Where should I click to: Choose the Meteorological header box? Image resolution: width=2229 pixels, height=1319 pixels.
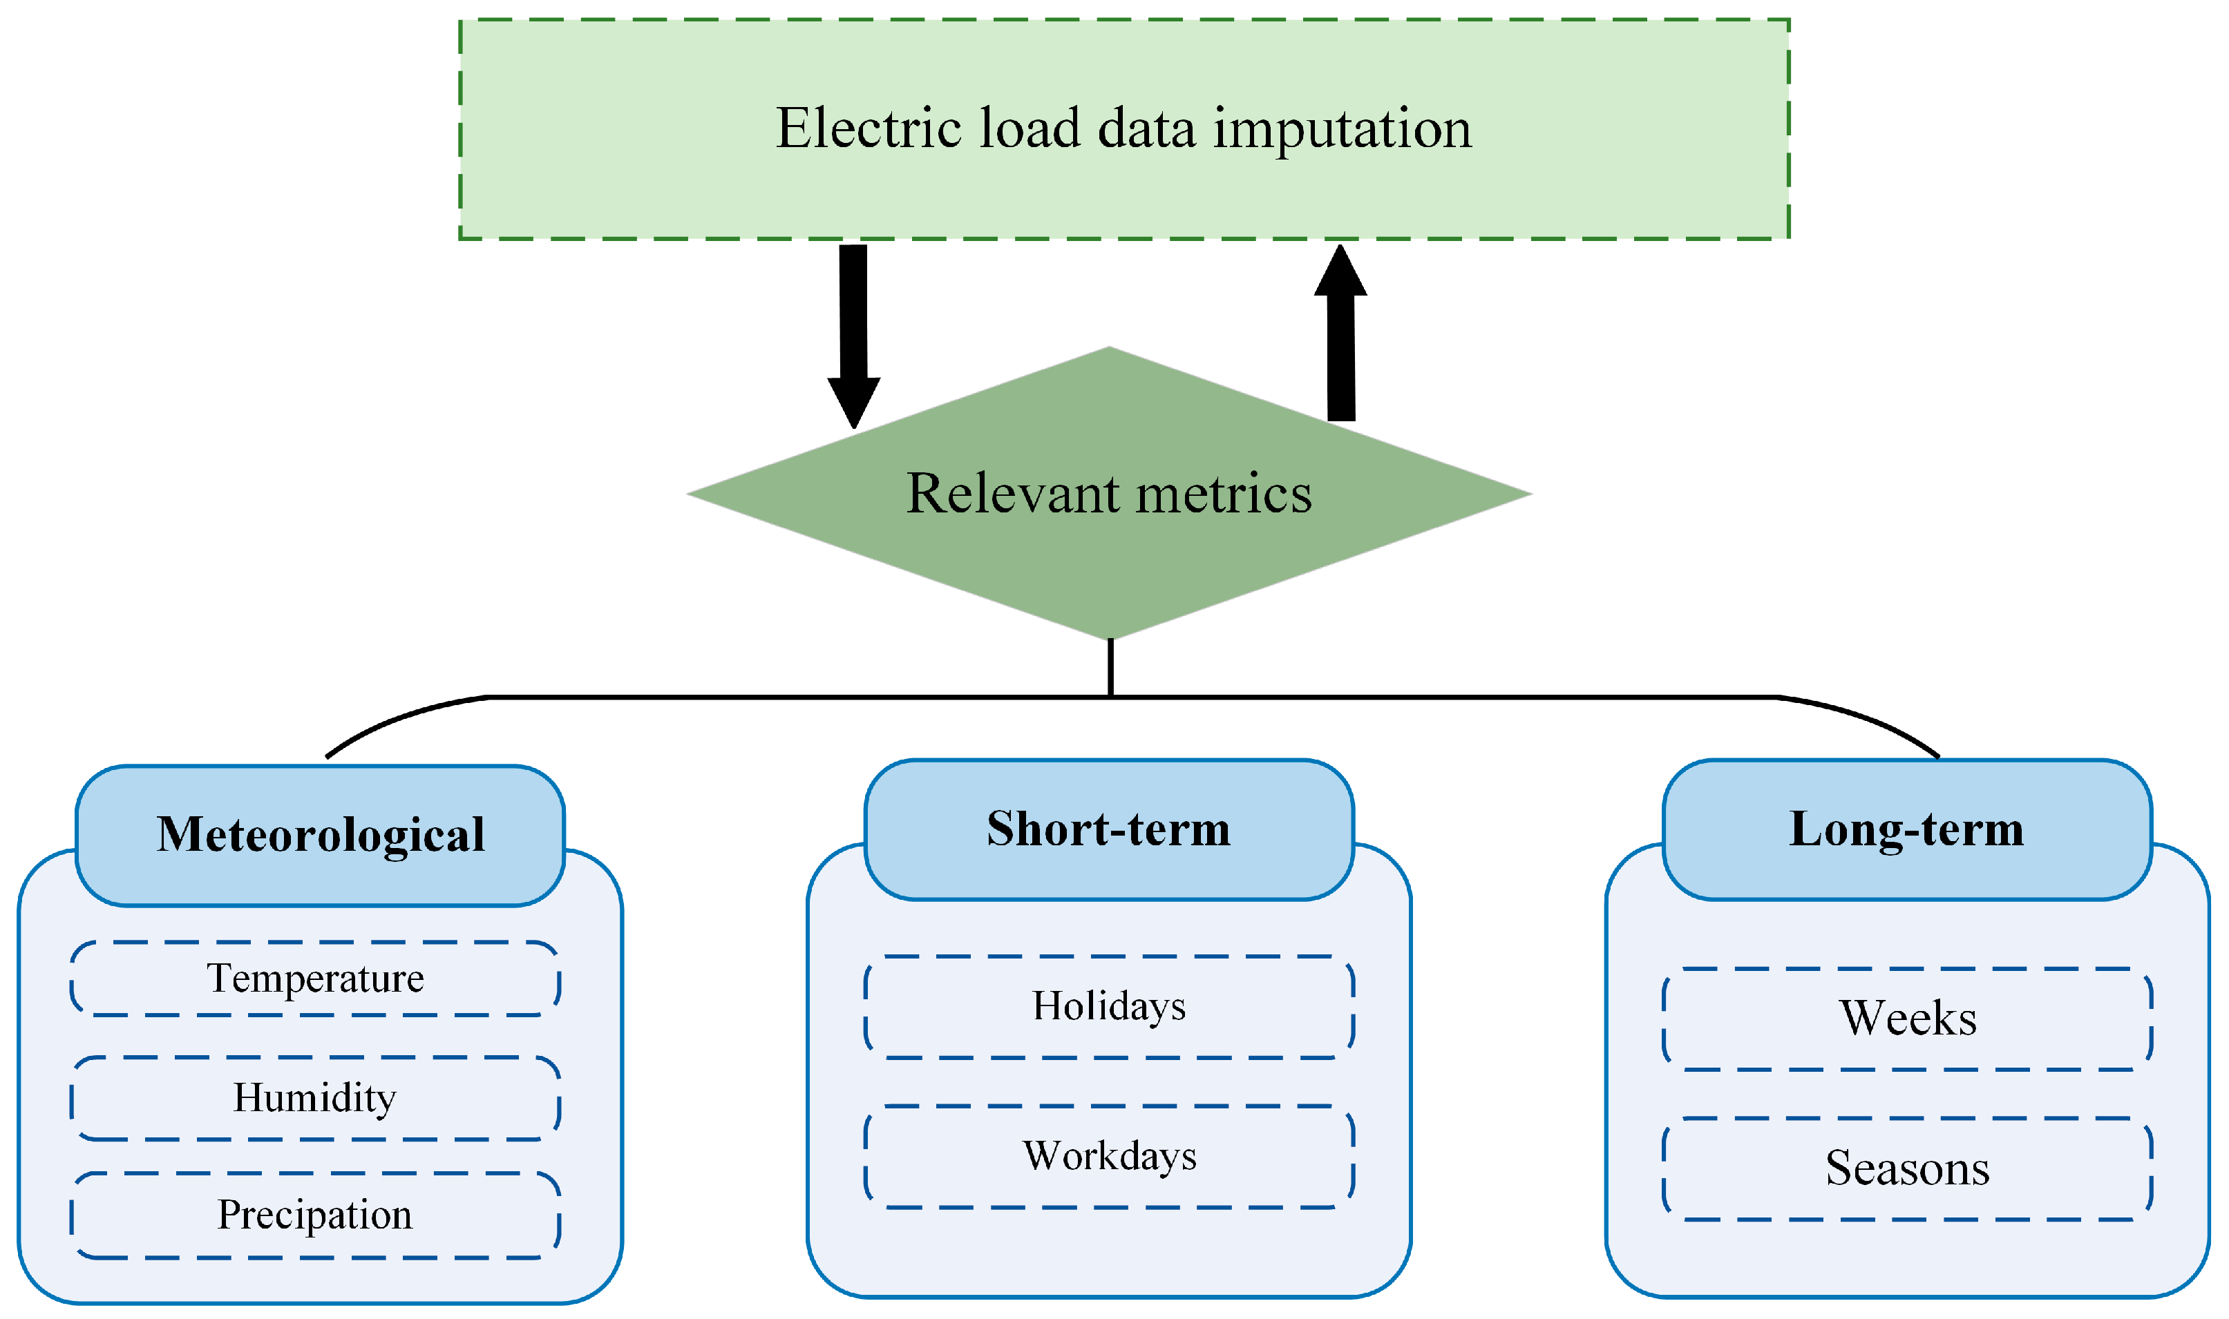[x=320, y=836]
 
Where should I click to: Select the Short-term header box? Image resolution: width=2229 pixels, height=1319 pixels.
[x=1109, y=829]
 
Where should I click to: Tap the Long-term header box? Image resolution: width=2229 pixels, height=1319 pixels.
[x=1906, y=829]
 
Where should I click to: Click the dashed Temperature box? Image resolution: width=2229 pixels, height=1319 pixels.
[x=316, y=979]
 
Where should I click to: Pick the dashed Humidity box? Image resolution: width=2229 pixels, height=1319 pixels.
[x=316, y=1098]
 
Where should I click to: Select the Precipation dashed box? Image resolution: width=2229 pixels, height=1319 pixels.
[x=316, y=1215]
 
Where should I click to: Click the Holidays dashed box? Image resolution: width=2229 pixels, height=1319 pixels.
[x=1109, y=1007]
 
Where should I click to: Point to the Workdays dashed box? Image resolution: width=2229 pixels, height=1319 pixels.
[x=1109, y=1156]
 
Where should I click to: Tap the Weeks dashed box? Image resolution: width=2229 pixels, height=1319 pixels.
[x=1907, y=1019]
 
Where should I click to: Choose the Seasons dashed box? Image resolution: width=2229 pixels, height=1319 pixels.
[x=1907, y=1168]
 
